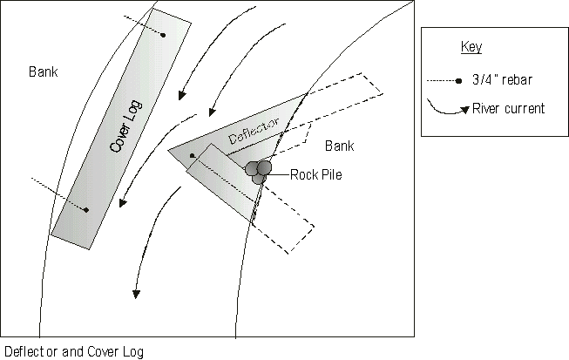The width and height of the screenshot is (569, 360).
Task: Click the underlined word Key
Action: (x=471, y=47)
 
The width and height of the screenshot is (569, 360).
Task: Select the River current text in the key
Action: (x=508, y=109)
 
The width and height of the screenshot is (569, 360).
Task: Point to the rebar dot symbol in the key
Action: (x=458, y=81)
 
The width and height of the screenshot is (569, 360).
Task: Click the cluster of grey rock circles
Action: (x=258, y=169)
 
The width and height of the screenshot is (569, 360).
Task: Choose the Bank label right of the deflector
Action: (x=340, y=145)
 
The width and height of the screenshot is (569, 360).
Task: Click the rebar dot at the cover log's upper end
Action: (x=163, y=35)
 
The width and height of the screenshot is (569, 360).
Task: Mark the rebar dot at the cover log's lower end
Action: (x=86, y=209)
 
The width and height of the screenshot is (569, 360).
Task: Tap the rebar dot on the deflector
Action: (x=192, y=156)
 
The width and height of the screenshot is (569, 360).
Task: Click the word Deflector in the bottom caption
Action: (x=28, y=352)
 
